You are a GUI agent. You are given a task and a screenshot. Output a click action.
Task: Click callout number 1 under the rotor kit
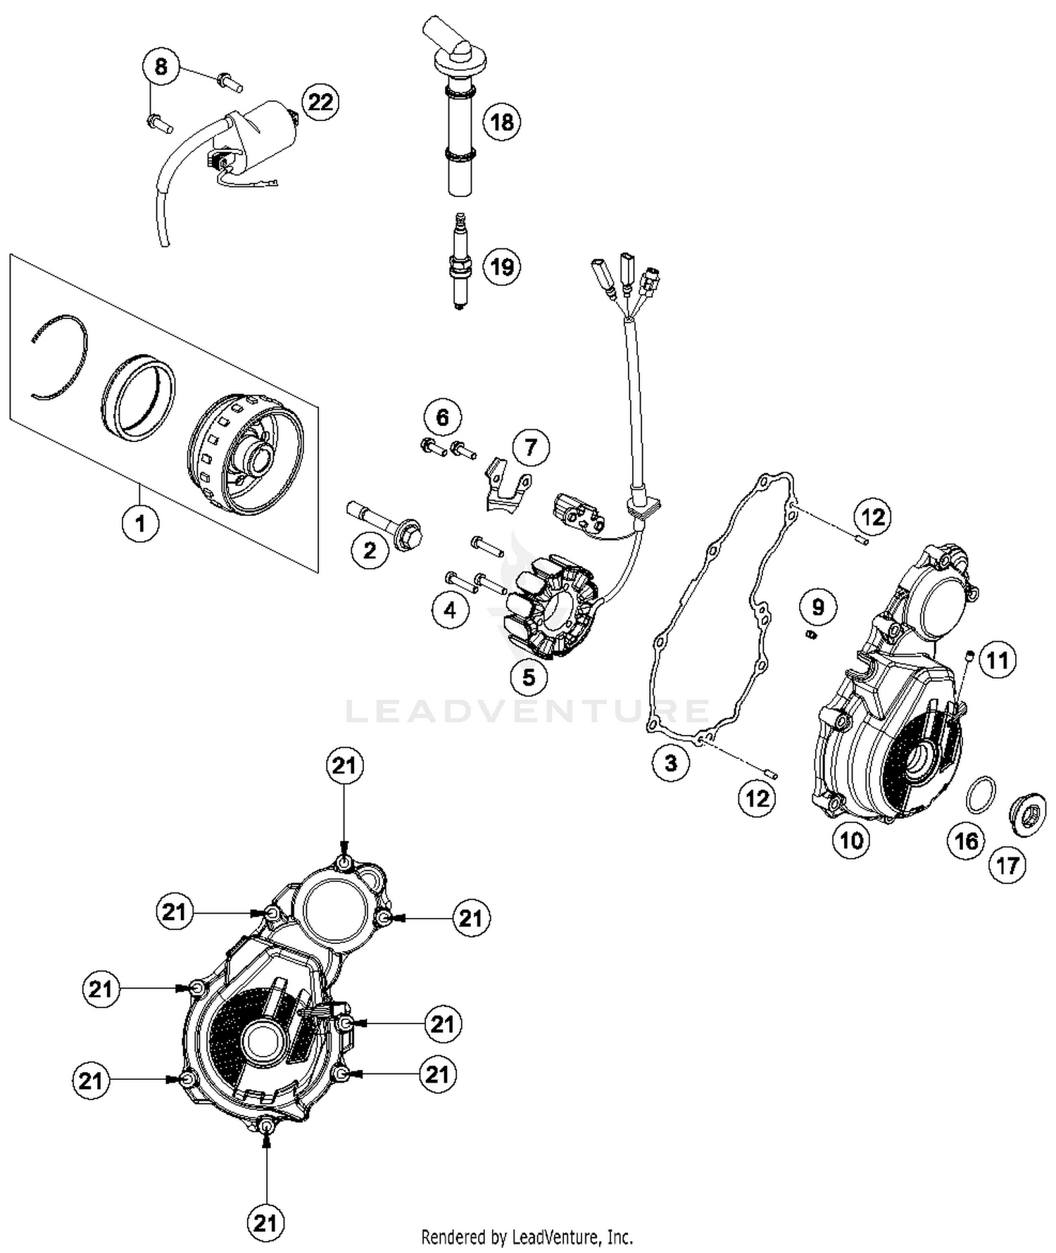click(140, 523)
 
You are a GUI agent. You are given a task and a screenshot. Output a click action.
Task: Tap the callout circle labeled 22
click(320, 102)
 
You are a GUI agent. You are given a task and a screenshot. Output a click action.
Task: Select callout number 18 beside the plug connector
click(501, 122)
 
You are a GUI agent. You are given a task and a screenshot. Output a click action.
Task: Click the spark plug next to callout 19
click(459, 262)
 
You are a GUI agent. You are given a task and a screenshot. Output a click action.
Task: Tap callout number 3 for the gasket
click(670, 762)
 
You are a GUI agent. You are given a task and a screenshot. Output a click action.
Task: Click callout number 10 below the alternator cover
click(851, 839)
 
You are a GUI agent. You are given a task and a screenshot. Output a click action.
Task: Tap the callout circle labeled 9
click(817, 607)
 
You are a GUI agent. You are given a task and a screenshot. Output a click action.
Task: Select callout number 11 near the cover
click(998, 660)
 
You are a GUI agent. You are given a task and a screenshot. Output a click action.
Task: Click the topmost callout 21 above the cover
click(344, 765)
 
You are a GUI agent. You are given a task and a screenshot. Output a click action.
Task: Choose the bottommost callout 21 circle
click(265, 1223)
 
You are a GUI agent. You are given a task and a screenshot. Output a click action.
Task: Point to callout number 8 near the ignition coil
click(161, 67)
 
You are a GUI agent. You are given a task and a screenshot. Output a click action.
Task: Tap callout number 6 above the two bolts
click(442, 417)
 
